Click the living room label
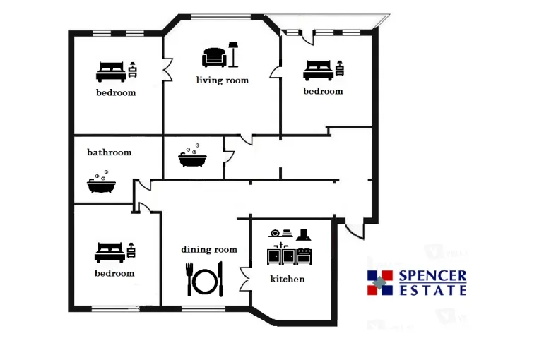[223, 80]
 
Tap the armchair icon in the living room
[214, 57]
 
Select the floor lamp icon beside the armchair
[233, 54]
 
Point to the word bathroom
[110, 152]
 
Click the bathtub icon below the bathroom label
[101, 182]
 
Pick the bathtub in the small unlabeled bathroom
[192, 156]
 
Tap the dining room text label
[209, 249]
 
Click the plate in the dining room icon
[205, 282]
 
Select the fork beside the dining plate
[189, 280]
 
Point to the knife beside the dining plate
[220, 280]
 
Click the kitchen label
[288, 279]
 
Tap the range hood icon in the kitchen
[304, 235]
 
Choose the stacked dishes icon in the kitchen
[280, 233]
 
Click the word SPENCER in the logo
[432, 276]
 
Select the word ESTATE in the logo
[433, 290]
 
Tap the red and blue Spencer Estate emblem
[380, 283]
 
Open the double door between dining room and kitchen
[245, 280]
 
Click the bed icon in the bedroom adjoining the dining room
[110, 252]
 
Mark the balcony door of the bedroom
[307, 37]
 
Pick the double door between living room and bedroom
[167, 70]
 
